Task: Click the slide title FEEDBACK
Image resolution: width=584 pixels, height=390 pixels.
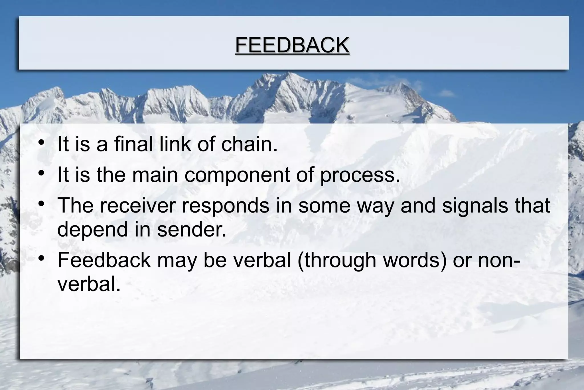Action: pos(292,45)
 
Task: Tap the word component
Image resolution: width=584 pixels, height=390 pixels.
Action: pos(237,175)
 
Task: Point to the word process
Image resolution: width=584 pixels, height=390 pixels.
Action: pos(360,175)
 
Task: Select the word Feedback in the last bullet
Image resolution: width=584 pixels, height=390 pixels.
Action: pos(104,260)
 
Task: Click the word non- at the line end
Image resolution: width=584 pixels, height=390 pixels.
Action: pos(499,260)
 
